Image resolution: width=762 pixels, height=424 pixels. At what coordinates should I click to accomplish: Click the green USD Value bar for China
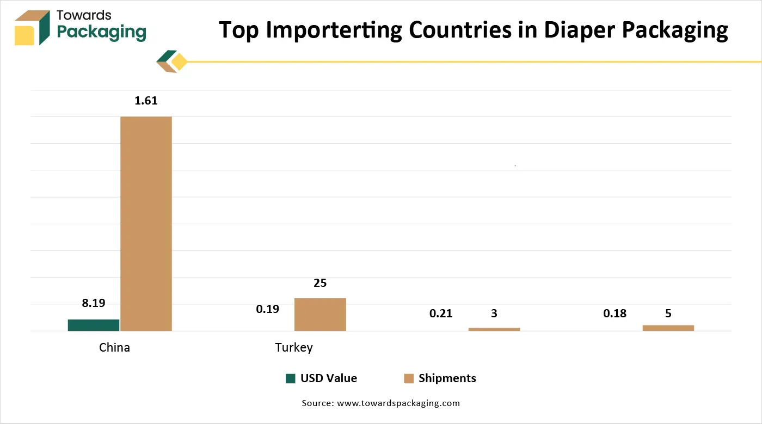(x=94, y=325)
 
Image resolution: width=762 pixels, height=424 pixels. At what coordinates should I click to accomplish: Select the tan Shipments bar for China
(x=146, y=223)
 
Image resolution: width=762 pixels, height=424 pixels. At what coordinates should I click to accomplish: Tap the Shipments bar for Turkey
(x=320, y=314)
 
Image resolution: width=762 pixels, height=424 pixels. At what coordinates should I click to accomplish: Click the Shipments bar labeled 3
(x=494, y=329)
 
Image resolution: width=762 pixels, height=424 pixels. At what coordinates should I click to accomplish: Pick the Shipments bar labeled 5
(x=668, y=328)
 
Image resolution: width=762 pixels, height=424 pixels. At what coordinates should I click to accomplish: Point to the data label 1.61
(x=146, y=101)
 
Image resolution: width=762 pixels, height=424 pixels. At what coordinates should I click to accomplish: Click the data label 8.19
(x=94, y=304)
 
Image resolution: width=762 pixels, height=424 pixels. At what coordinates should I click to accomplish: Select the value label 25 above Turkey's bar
(x=320, y=283)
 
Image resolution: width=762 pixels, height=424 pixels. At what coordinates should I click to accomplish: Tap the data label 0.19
(x=267, y=309)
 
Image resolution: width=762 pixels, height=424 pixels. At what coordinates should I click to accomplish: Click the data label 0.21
(x=441, y=314)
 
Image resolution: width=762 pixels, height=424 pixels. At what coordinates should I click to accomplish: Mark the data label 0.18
(x=614, y=314)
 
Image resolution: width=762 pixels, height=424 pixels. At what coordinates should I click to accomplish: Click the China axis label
(x=114, y=347)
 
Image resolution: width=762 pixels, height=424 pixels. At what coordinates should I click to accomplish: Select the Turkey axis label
(x=294, y=347)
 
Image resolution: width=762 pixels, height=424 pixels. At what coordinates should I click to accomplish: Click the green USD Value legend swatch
(x=291, y=378)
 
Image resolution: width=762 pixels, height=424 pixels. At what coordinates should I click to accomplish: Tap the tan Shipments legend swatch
(x=409, y=378)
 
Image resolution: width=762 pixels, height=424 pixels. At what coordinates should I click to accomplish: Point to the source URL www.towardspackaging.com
(x=398, y=403)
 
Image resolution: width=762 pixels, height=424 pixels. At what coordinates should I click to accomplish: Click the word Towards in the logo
(x=84, y=15)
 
